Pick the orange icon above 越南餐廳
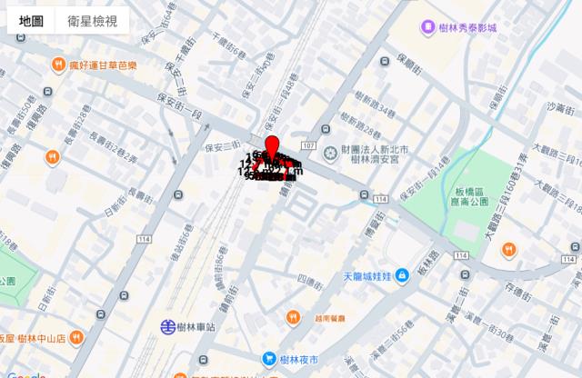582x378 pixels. [x=293, y=317]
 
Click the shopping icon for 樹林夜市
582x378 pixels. [x=269, y=359]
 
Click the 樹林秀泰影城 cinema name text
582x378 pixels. [x=470, y=28]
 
